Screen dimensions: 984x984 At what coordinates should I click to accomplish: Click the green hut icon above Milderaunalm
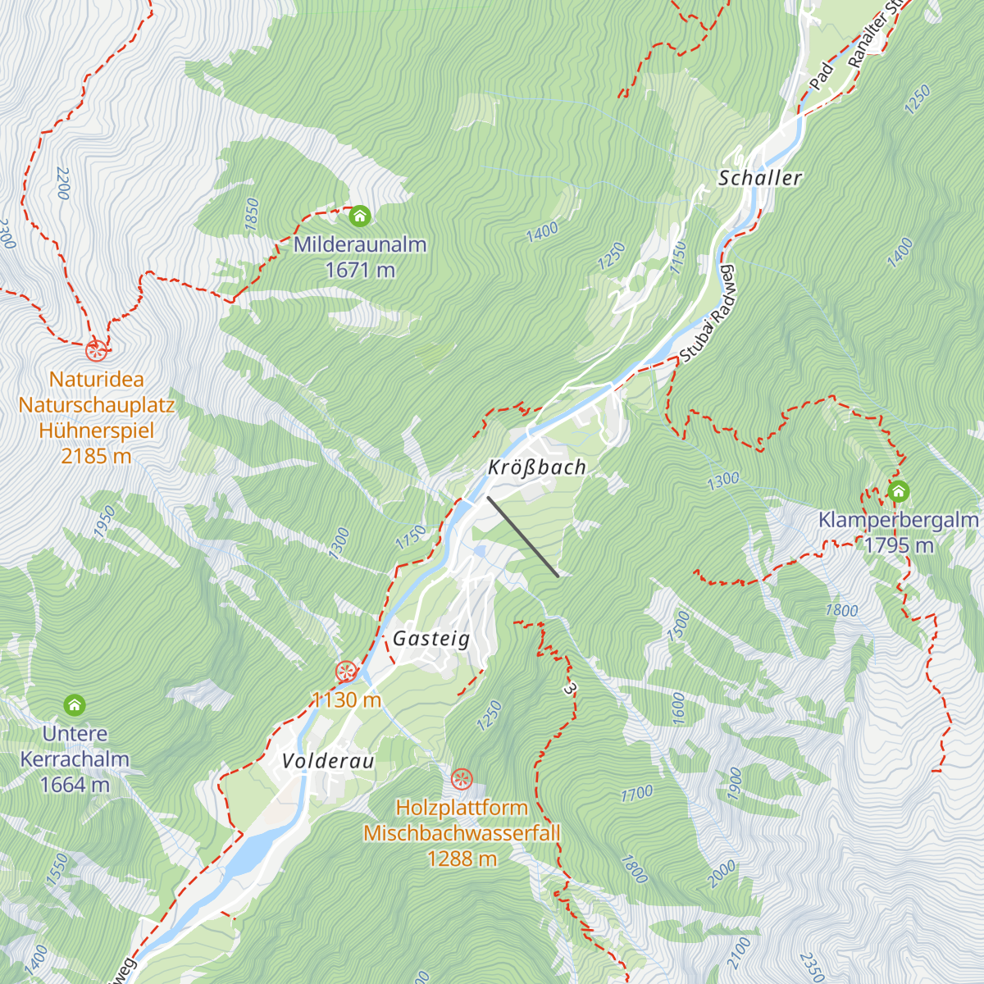[360, 216]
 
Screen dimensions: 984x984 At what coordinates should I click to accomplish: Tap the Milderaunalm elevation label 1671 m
[360, 270]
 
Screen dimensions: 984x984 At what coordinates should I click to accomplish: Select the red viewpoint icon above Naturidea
[96, 351]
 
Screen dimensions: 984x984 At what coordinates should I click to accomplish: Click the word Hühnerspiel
[96, 430]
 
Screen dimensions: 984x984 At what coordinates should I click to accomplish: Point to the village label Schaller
[759, 178]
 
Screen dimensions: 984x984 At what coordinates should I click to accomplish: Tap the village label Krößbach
[537, 467]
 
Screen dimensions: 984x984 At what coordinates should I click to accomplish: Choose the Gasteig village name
[431, 639]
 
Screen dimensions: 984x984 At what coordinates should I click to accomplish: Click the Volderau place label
[328, 761]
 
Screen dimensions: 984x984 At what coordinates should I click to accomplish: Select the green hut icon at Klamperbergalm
[899, 492]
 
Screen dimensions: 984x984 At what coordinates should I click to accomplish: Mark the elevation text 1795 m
[899, 545]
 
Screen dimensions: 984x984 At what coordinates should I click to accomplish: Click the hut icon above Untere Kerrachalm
[75, 705]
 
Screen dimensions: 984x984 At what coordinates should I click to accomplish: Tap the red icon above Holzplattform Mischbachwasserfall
[462, 778]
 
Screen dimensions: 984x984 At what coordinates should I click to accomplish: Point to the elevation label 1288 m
[462, 859]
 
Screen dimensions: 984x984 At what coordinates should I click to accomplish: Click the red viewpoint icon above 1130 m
[346, 672]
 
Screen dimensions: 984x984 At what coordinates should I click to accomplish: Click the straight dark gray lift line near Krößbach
[523, 536]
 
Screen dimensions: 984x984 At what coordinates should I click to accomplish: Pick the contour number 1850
[252, 213]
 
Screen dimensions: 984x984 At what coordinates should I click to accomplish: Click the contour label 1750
[410, 537]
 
